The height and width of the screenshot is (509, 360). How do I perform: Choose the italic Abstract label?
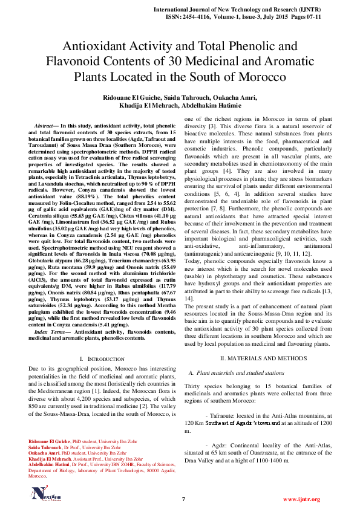tap(47, 124)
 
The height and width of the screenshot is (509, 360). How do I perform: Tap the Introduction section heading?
tap(90, 359)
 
